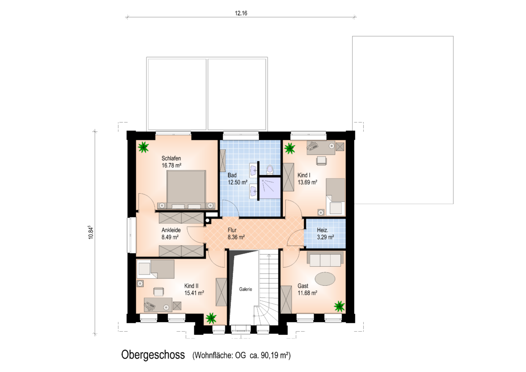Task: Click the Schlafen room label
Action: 171,158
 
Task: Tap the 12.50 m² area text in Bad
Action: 238,182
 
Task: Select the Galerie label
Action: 246,289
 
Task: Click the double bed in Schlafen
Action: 186,190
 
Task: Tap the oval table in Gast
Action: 325,279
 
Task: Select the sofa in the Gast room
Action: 326,259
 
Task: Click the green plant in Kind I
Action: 289,148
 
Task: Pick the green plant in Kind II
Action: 211,318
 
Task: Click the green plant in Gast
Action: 339,306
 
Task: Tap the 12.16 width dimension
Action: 241,13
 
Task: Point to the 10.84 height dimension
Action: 91,232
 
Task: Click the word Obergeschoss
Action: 153,355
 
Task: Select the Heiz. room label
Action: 322,230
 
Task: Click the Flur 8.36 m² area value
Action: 236,237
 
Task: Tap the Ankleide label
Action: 171,230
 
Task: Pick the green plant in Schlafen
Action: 143,147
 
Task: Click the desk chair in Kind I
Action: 321,161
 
